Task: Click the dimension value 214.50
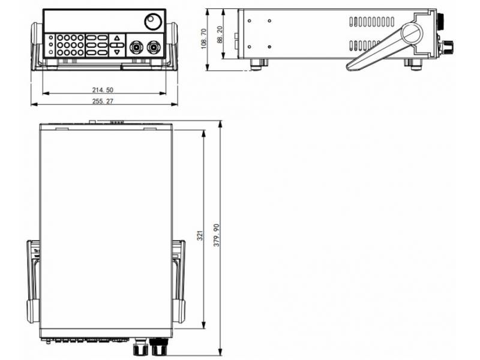[x=103, y=89]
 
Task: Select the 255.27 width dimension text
[x=103, y=101]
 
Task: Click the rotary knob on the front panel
[x=152, y=23]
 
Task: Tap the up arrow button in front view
[x=117, y=38]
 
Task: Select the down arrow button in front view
[x=117, y=52]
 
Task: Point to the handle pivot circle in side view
[x=412, y=34]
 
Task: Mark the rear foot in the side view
[x=256, y=64]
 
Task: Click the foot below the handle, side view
[x=413, y=63]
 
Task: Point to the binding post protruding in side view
[x=446, y=46]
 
